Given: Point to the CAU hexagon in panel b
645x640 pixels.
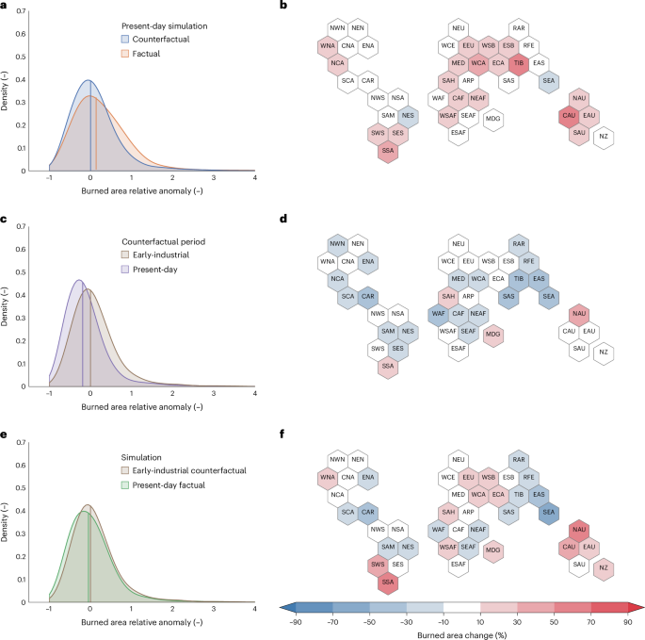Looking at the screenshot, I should point(568,116).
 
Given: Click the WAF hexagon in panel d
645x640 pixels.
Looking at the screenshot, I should point(438,314).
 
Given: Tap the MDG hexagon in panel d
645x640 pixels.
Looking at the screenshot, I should point(492,333).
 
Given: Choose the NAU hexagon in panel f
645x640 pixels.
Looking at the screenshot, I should point(579,529).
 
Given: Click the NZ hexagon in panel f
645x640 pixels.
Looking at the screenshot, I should point(604,567).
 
